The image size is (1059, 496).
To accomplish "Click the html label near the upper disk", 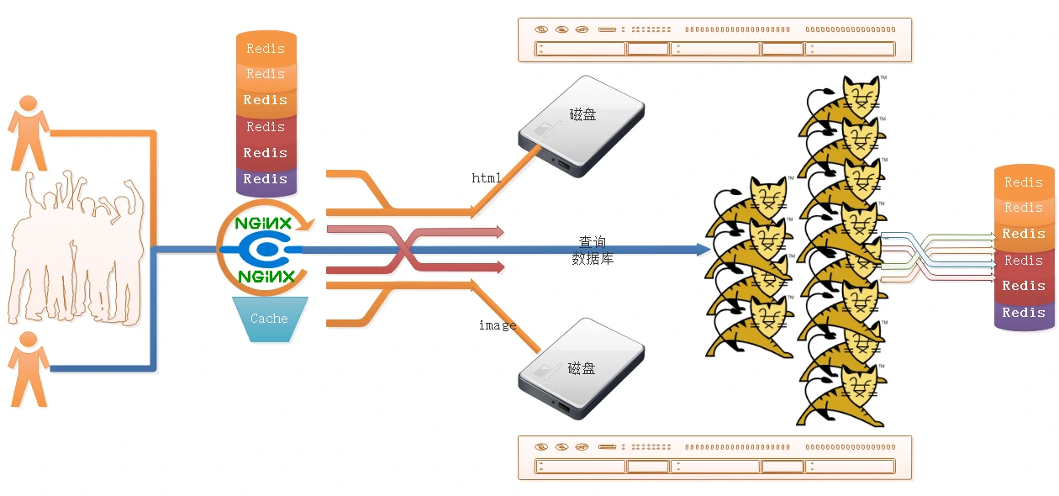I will (486, 178).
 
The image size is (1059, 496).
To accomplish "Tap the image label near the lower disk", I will (497, 325).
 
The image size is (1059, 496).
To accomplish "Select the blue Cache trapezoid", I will (269, 319).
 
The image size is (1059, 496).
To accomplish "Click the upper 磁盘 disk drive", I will (580, 127).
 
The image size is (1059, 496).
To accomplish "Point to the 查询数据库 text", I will (593, 251).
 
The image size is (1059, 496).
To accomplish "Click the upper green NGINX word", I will (263, 224).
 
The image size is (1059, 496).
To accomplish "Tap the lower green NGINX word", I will (266, 276).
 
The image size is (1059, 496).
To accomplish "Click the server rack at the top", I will (714, 40).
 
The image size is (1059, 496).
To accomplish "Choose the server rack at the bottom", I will (714, 457).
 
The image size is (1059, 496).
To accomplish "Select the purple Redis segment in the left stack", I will (266, 179).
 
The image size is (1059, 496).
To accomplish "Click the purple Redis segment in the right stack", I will (1024, 314).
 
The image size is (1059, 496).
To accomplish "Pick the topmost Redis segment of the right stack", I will (1024, 182).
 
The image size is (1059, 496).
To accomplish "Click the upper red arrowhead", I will (499, 231).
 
